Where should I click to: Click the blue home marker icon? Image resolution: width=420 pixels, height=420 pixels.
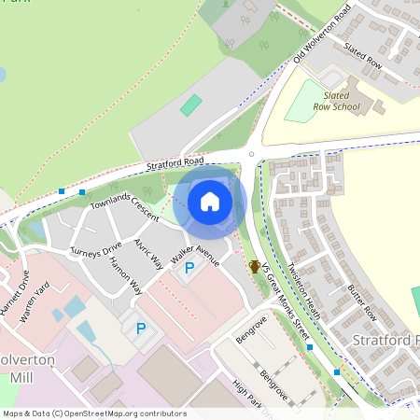click(x=210, y=202)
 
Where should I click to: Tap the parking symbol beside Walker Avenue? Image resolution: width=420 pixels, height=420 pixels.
click(x=189, y=269)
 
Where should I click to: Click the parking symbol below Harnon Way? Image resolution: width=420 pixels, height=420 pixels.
click(x=141, y=329)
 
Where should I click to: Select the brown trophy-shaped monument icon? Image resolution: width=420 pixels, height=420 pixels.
click(x=254, y=266)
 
